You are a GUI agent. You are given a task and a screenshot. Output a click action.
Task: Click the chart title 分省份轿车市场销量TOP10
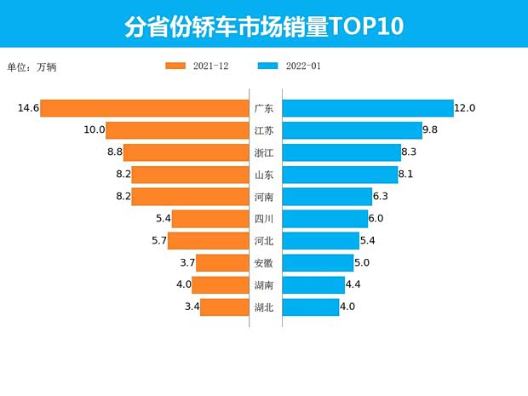pos(264,26)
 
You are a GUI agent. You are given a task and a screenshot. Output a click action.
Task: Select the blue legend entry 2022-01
pos(289,66)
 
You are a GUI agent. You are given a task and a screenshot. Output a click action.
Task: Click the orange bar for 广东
pos(144,108)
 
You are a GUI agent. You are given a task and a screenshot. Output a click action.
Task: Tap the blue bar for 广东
pos(367,108)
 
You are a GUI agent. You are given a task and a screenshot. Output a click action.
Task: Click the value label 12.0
pos(465,108)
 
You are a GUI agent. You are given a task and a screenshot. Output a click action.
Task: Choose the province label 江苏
pos(264,130)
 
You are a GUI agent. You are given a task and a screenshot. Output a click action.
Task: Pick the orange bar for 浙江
pos(186,152)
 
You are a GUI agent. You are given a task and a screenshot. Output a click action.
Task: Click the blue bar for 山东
pos(340,175)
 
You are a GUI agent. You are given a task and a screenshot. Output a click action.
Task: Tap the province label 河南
pos(264,197)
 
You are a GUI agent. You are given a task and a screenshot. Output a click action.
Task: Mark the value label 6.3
pos(384,197)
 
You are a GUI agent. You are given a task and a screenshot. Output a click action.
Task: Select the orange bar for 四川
pos(209,219)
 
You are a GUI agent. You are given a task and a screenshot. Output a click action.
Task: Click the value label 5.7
pos(156,240)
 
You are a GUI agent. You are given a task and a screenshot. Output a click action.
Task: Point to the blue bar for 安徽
pos(318,262)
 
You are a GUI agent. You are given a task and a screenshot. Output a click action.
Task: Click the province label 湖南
pos(264,284)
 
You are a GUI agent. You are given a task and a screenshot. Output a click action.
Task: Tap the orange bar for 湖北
pos(224,307)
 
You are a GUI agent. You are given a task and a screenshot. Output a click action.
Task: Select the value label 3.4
pos(192,307)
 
